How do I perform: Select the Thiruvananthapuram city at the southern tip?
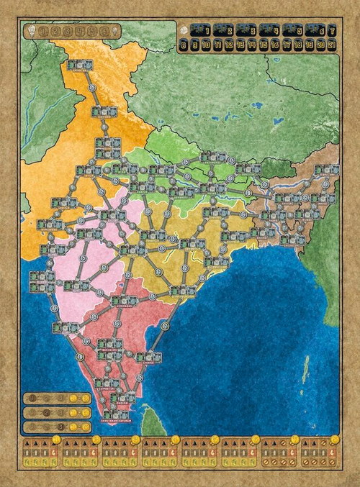(116, 414)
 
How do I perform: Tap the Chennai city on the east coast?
(148, 357)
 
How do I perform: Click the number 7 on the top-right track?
(332, 30)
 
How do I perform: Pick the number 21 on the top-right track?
(332, 45)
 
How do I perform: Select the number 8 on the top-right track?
(185, 45)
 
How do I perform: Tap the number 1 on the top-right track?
(208, 30)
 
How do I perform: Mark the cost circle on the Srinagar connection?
(91, 87)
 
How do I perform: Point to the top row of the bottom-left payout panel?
(57, 397)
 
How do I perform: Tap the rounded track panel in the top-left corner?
(72, 31)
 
